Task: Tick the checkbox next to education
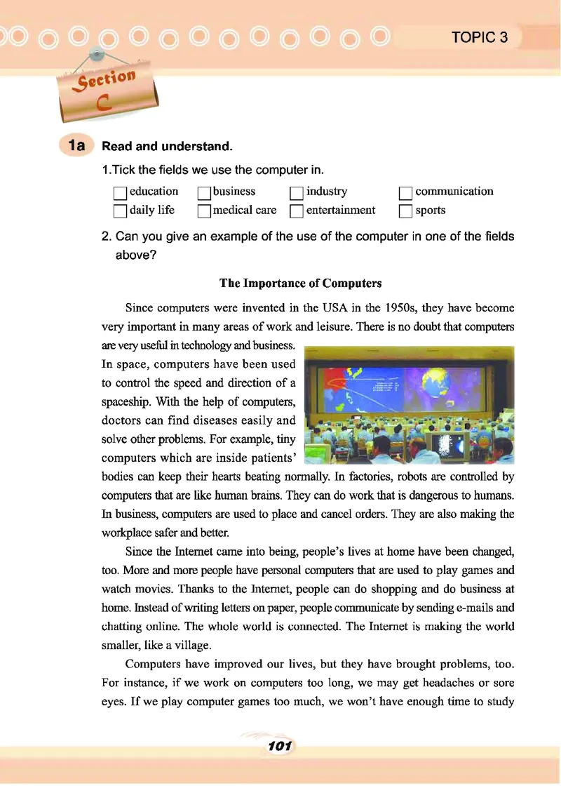tap(121, 192)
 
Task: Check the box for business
tap(204, 192)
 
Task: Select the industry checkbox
tap(297, 192)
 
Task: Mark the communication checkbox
tap(405, 192)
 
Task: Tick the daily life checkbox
tap(121, 211)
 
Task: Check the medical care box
tap(204, 211)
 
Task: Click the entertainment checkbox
tap(297, 211)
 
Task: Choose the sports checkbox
tap(405, 211)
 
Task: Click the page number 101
tap(279, 745)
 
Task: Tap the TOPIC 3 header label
tap(480, 38)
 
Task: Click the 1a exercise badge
tap(76, 146)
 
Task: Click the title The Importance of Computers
tap(300, 284)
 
